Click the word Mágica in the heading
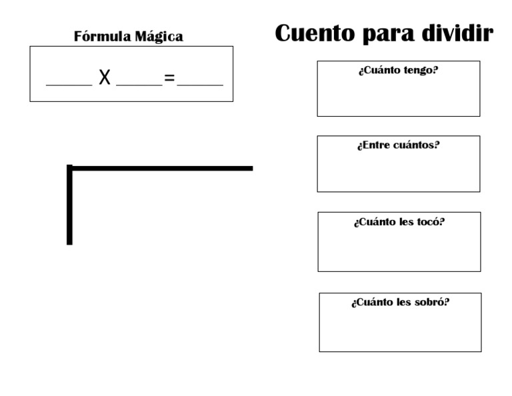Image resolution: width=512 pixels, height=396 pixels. (x=159, y=37)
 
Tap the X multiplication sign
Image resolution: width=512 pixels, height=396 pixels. (x=104, y=79)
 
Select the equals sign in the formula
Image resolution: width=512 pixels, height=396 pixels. (x=169, y=79)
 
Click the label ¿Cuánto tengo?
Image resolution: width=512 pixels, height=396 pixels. (x=398, y=70)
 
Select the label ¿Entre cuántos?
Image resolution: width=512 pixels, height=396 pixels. (x=398, y=145)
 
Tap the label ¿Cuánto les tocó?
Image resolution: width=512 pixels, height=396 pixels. (x=399, y=221)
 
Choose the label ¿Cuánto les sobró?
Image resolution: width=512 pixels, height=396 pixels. (x=400, y=302)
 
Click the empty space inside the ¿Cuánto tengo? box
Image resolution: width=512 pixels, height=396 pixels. (x=398, y=97)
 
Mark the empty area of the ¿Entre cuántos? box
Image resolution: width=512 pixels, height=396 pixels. (x=398, y=172)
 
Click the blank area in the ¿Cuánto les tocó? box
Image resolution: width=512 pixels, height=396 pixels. (x=399, y=250)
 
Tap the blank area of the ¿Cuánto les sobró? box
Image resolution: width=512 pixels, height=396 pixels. (x=400, y=330)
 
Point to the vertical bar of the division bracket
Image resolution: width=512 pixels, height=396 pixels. (x=69, y=207)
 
